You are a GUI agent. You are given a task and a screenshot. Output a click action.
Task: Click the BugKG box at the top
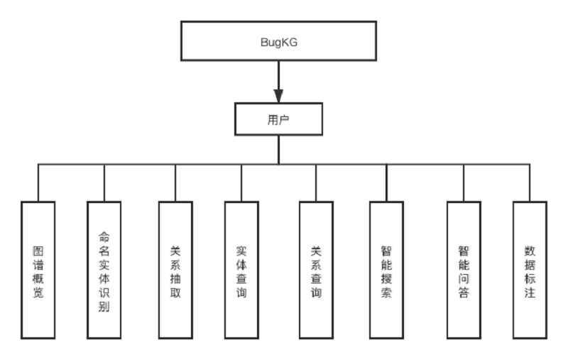pos(278,40)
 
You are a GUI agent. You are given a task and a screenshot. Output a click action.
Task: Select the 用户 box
pos(278,119)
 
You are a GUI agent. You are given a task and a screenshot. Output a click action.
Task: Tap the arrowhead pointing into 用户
pos(278,95)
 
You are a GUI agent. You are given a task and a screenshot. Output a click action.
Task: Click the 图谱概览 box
pos(38,269)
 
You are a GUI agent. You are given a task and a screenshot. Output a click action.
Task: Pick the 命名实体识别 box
pos(104,269)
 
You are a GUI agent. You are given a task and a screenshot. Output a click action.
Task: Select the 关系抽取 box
pos(175,269)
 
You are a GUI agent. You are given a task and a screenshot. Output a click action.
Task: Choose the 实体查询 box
pos(241,269)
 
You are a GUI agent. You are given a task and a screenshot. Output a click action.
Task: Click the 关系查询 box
pos(316,269)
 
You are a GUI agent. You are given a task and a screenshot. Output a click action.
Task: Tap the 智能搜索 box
pos(386,269)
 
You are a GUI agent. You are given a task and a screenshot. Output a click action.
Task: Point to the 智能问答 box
pos(464,269)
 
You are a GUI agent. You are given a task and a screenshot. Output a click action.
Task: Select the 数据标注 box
pos(530,269)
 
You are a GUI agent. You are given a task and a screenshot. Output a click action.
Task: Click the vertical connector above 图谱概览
pos(38,182)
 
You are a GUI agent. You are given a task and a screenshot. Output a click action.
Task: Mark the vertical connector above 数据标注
pos(530,182)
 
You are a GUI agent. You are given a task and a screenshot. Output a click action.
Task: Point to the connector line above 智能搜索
pos(386,182)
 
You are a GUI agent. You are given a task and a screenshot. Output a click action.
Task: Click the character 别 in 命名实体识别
pos(104,308)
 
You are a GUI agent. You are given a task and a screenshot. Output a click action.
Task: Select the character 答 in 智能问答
pos(464,293)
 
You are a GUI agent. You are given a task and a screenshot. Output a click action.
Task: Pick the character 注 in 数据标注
pos(530,293)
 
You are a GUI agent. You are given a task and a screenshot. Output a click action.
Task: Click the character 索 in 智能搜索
pos(386,293)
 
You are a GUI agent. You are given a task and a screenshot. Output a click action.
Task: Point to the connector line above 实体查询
pos(241,182)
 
